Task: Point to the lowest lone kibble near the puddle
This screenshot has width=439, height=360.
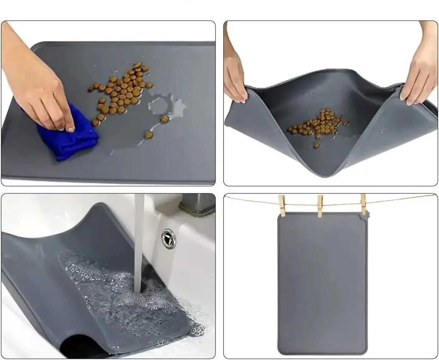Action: (148, 135)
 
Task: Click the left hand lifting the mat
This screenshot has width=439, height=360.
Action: (235, 77)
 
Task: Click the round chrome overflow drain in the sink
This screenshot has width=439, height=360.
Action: (168, 238)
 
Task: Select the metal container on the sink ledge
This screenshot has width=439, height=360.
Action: (197, 204)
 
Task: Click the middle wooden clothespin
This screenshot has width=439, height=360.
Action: (320, 205)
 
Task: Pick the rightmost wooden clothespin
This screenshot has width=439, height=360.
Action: (363, 204)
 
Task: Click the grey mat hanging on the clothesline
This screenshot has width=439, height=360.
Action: (322, 284)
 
